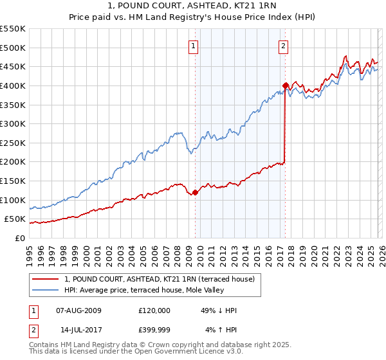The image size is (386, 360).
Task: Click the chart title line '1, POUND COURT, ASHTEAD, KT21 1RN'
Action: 193,6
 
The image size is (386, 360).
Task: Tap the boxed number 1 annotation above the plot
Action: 194,45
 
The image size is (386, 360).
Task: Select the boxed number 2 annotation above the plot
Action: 283,45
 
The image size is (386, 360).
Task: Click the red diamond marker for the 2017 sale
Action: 285,85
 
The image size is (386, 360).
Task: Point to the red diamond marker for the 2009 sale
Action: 195,192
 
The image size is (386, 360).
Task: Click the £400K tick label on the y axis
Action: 13,85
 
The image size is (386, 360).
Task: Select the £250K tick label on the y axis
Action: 13,143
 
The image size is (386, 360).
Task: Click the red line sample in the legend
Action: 45,279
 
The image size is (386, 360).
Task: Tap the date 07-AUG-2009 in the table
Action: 79,310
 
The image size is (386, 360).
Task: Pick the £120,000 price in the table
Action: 154,310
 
